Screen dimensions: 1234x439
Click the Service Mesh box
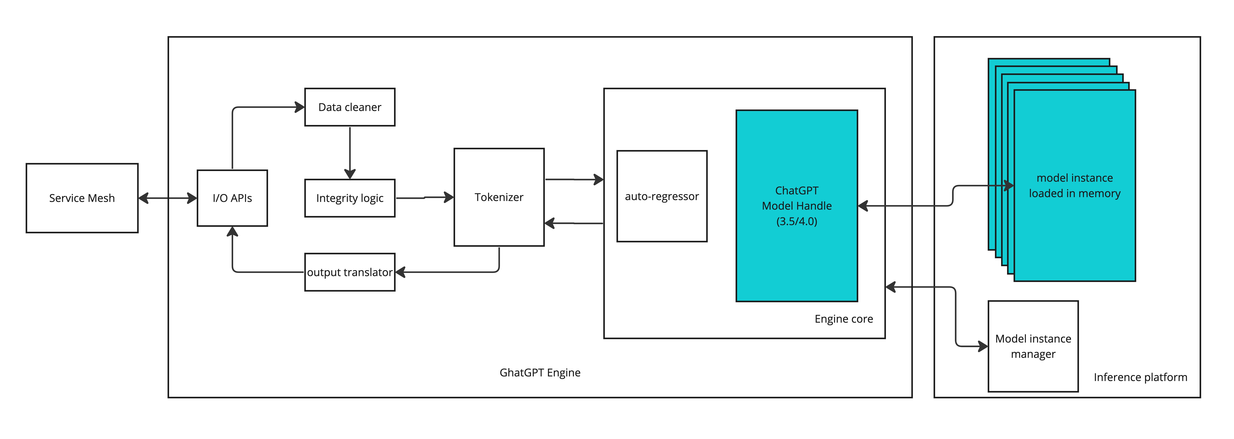[x=82, y=198]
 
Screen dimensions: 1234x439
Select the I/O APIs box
[x=232, y=198]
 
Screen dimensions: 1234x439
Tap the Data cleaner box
[x=350, y=107]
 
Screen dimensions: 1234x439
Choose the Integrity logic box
[x=350, y=198]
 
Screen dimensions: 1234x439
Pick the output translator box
[x=350, y=272]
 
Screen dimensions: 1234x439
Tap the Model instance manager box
[x=1033, y=346]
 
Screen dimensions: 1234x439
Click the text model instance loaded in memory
[x=1074, y=186]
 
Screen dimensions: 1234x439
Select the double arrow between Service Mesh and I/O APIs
[x=168, y=198]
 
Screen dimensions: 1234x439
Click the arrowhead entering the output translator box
[x=401, y=272]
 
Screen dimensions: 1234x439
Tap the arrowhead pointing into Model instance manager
[x=982, y=346]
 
